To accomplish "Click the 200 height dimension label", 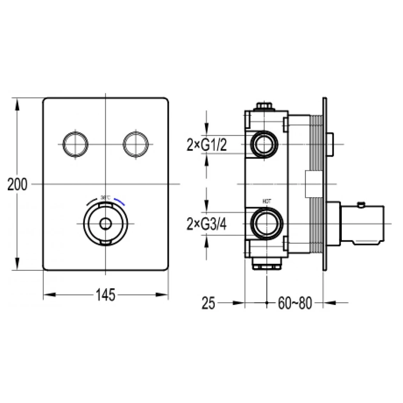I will coord(17,185).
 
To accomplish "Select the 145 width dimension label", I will coord(105,295).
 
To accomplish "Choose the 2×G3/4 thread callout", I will coord(206,224).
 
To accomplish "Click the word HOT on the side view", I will coord(266,201).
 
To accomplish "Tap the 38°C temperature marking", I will coord(105,197).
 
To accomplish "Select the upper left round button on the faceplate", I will coord(74,144).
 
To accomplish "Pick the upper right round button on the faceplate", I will coord(135,144).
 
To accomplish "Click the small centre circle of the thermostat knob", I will coord(105,224).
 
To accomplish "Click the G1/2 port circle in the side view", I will coord(265,145).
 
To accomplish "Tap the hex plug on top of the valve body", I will coord(264,106).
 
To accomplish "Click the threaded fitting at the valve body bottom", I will coord(267,265).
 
